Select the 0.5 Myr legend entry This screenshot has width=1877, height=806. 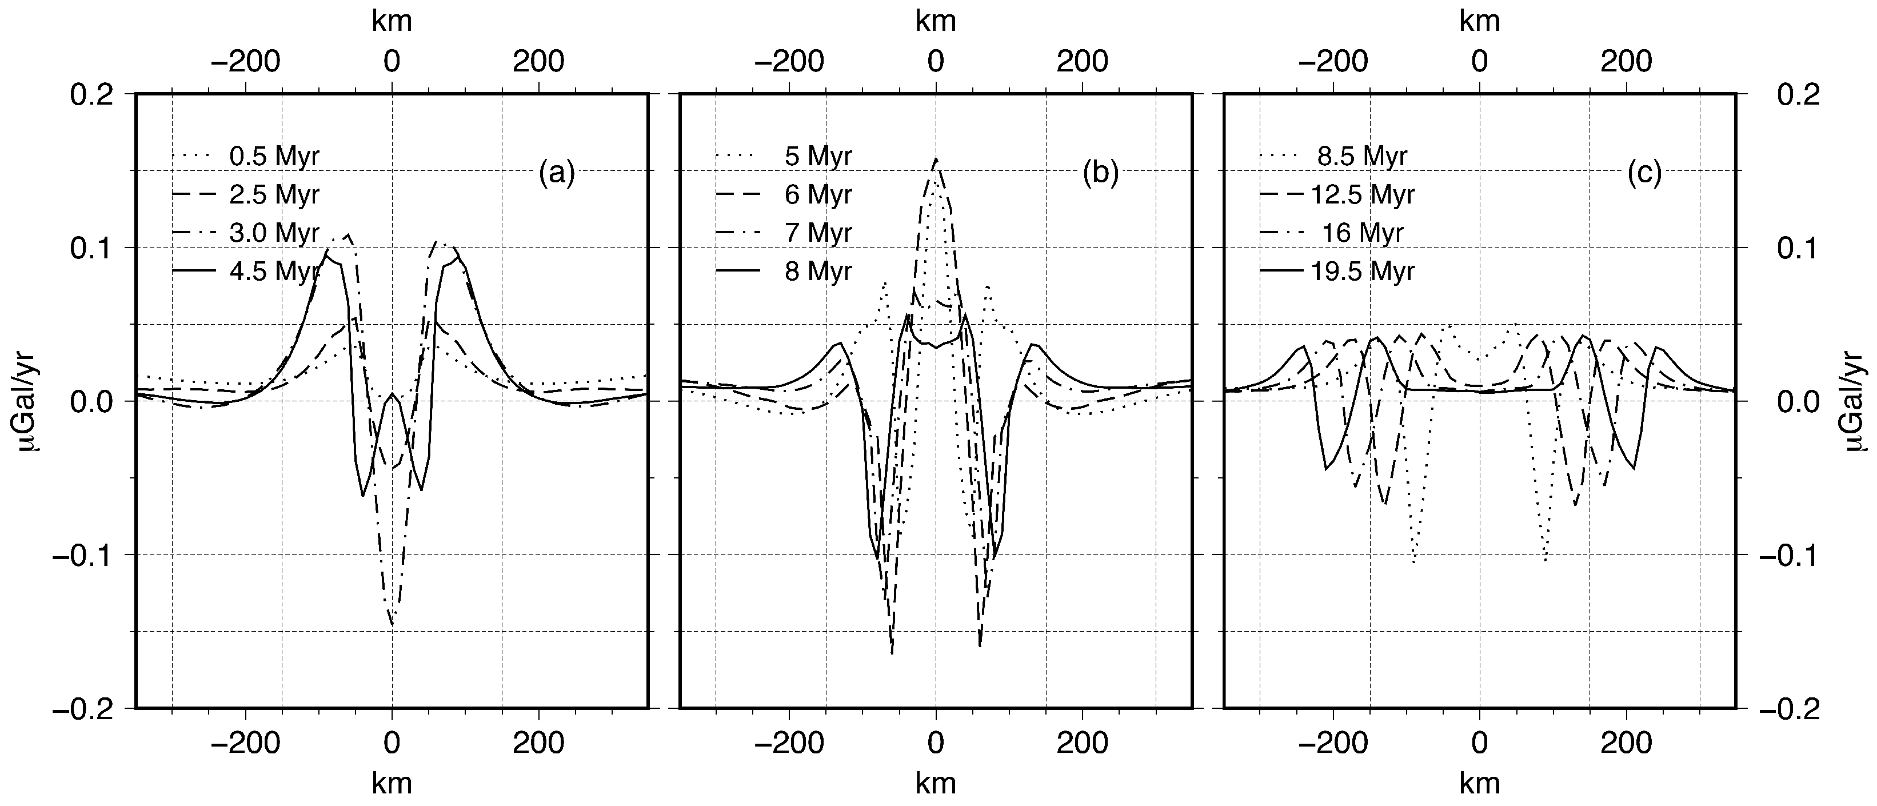point(274,156)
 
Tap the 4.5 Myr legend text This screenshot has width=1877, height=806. point(274,271)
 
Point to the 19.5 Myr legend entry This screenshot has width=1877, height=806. point(1363,271)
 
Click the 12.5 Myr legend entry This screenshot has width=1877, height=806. point(1363,194)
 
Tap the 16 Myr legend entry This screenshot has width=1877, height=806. point(1363,233)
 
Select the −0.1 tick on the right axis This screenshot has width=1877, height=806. point(1790,555)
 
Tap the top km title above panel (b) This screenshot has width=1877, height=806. point(936,21)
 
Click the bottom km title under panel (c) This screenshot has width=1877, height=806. point(1480,783)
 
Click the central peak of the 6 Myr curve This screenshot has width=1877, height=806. point(936,159)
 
